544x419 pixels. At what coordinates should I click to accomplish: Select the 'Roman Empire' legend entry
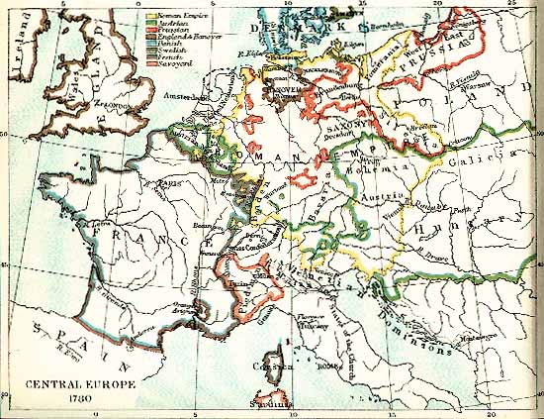coord(178,15)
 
